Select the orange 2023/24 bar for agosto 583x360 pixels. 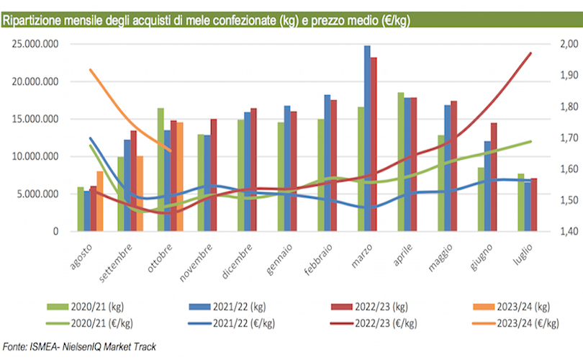pyautogui.click(x=100, y=202)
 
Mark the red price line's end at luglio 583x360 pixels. pyautogui.click(x=531, y=53)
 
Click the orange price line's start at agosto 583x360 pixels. pyautogui.click(x=89, y=70)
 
